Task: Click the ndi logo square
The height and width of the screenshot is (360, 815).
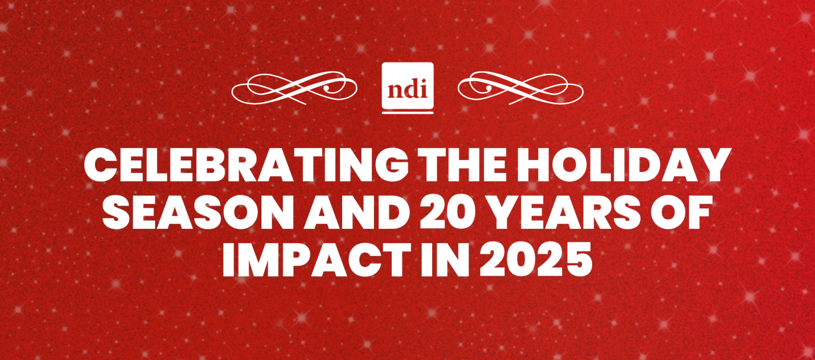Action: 407,85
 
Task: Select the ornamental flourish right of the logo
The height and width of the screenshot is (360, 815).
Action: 520,88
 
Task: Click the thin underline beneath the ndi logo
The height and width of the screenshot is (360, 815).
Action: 407,113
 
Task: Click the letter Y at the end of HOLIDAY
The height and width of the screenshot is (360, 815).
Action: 715,166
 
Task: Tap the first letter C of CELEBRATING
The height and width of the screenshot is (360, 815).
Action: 99,166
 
